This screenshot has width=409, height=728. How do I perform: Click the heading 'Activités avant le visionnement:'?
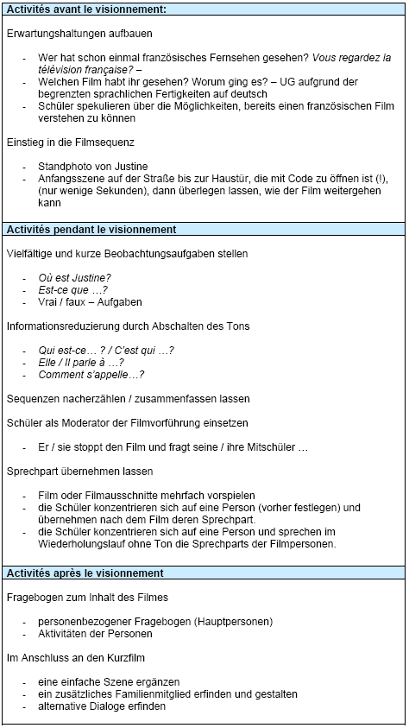tap(86, 9)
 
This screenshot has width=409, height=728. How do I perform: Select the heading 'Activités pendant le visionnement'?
tap(91, 230)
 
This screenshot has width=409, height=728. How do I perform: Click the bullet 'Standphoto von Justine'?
tap(93, 166)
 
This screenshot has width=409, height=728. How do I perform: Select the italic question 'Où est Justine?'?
tap(74, 277)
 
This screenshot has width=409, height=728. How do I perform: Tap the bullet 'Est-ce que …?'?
tap(72, 290)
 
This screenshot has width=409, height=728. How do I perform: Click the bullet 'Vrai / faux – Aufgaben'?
tap(91, 302)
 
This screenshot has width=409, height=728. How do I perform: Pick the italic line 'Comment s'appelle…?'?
tap(91, 375)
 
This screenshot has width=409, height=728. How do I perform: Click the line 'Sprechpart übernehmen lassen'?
tap(79, 472)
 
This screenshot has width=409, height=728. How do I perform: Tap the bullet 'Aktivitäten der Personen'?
tap(95, 633)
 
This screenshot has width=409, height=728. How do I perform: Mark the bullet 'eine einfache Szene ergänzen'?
tap(110, 681)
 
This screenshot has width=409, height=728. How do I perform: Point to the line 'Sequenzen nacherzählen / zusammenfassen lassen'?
tap(128, 399)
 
